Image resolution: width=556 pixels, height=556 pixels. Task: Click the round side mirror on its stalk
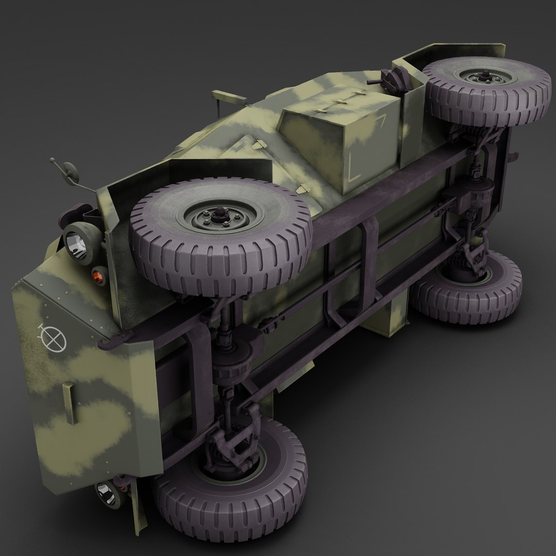click(x=69, y=171)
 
